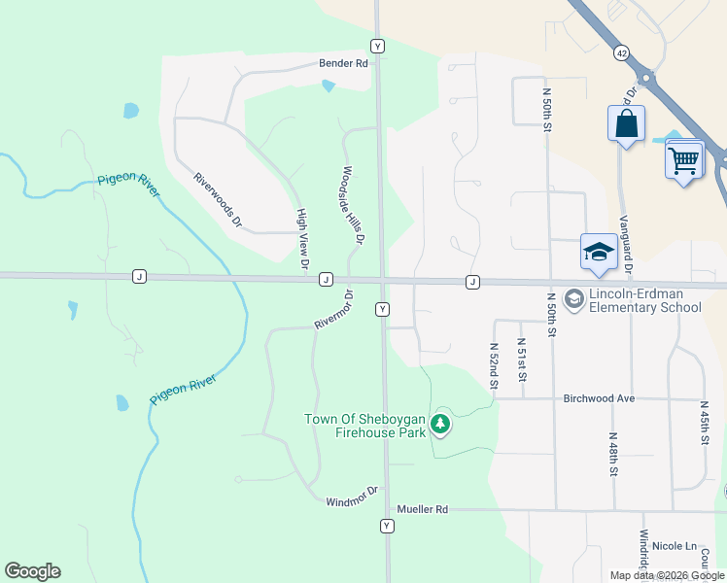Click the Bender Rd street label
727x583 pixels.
344,63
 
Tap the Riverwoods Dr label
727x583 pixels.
217,199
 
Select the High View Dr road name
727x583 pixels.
302,238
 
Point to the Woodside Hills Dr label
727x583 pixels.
352,205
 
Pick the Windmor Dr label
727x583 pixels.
352,501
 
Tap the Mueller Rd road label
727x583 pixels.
422,509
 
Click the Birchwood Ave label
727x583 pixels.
599,398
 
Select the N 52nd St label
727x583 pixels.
494,365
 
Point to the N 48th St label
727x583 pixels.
614,455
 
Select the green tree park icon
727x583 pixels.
440,423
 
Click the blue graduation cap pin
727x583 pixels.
599,253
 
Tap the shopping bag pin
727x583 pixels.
626,124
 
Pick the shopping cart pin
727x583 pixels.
684,158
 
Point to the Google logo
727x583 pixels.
32,571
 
